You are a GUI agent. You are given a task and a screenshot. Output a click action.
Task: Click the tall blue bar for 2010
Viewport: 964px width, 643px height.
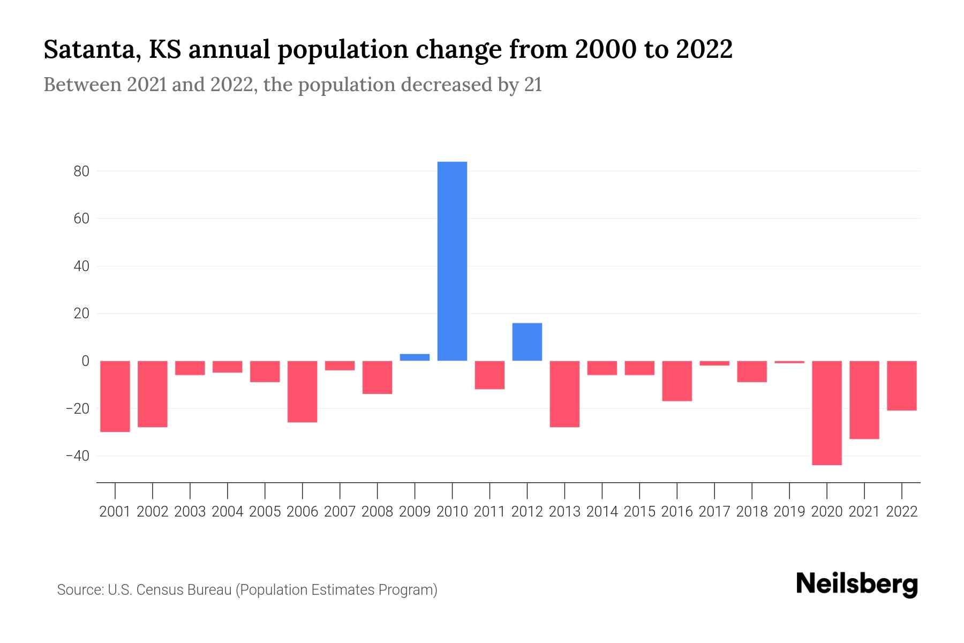click(x=452, y=261)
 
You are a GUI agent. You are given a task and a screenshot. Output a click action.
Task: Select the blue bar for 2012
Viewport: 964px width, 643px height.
click(x=527, y=342)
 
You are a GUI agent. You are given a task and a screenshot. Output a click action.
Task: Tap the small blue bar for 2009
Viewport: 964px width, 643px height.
click(x=415, y=357)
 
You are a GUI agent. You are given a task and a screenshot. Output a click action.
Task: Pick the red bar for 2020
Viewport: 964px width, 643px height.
click(x=826, y=413)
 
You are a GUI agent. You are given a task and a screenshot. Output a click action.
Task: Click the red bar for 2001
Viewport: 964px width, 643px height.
click(x=115, y=396)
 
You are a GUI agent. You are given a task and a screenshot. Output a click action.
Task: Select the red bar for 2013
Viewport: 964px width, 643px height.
click(x=564, y=394)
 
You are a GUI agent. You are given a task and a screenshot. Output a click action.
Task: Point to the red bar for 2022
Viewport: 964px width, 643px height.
click(x=901, y=386)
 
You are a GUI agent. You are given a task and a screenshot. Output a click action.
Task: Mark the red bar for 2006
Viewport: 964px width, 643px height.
click(x=302, y=391)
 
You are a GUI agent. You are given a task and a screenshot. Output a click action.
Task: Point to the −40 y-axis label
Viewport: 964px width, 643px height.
click(x=77, y=456)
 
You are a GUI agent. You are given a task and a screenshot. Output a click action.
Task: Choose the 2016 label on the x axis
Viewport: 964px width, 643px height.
click(x=676, y=512)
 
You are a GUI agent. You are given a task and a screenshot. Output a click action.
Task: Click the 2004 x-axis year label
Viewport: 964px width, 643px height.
click(x=227, y=512)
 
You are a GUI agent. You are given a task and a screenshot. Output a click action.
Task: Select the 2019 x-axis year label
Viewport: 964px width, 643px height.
click(x=789, y=512)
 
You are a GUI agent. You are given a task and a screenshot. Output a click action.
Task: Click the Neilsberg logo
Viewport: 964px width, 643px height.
click(x=857, y=584)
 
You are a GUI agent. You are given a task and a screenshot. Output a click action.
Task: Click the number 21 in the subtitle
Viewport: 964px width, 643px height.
click(x=533, y=85)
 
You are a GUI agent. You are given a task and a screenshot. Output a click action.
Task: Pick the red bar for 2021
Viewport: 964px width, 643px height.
click(x=864, y=400)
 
